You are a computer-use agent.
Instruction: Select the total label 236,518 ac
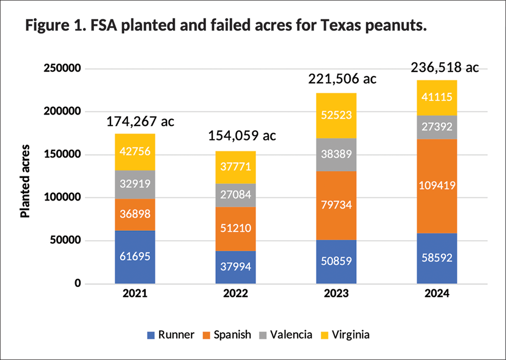tap(445, 68)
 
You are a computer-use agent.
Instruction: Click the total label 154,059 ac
tap(242, 136)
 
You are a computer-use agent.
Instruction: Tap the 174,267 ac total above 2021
tap(141, 121)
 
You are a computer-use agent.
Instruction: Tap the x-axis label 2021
tap(135, 294)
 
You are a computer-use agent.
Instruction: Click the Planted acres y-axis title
tap(25, 181)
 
